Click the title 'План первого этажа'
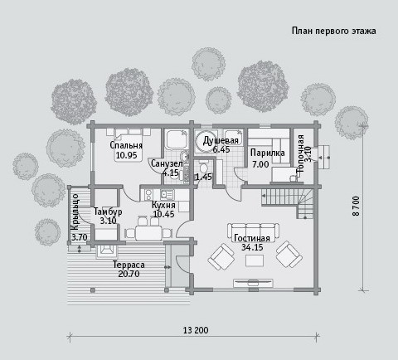tap(333, 31)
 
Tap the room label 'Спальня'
tap(126, 145)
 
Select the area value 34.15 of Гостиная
tap(252, 247)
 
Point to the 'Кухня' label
tap(163, 205)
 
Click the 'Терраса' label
tap(129, 265)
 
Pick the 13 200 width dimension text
tap(196, 330)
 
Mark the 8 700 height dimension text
tap(356, 206)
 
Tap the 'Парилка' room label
tap(268, 153)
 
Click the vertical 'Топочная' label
tap(300, 153)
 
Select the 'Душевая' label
tap(221, 140)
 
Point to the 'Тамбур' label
tap(108, 212)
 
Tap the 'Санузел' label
tap(167, 163)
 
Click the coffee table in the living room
tap(255, 260)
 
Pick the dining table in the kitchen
tap(148, 234)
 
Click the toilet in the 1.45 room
tap(204, 168)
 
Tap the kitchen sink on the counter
tap(167, 194)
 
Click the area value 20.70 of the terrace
tap(129, 274)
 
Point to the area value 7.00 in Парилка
tap(260, 164)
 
